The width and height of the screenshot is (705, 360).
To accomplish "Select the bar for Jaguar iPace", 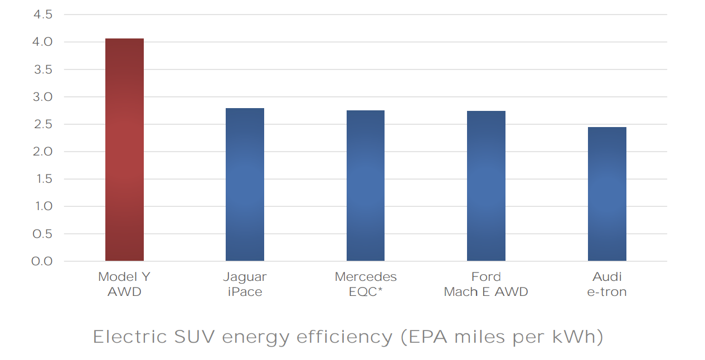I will click(245, 184).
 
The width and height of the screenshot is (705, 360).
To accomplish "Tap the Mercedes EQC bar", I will click(366, 186).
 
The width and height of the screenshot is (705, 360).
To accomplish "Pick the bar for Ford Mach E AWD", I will click(486, 186).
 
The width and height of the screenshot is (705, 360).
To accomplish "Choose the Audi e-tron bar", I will click(607, 194).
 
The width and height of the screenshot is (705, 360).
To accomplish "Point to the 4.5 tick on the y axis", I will click(42, 15).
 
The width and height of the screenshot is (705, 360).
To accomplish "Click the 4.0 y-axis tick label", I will click(42, 42).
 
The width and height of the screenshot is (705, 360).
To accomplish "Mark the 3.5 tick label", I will click(42, 70).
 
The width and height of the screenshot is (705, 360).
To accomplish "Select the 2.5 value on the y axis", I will click(42, 124).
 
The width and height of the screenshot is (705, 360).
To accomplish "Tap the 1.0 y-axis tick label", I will click(42, 207).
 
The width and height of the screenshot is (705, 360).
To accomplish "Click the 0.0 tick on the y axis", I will click(42, 261).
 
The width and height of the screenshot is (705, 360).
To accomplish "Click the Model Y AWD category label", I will click(124, 284).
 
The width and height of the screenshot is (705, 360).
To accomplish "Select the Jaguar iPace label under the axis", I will click(245, 284).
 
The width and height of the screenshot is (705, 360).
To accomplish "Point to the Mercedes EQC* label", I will click(366, 284).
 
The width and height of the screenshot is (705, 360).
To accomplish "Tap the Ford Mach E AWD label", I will click(486, 284).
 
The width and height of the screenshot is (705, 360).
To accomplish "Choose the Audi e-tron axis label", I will click(607, 284).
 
